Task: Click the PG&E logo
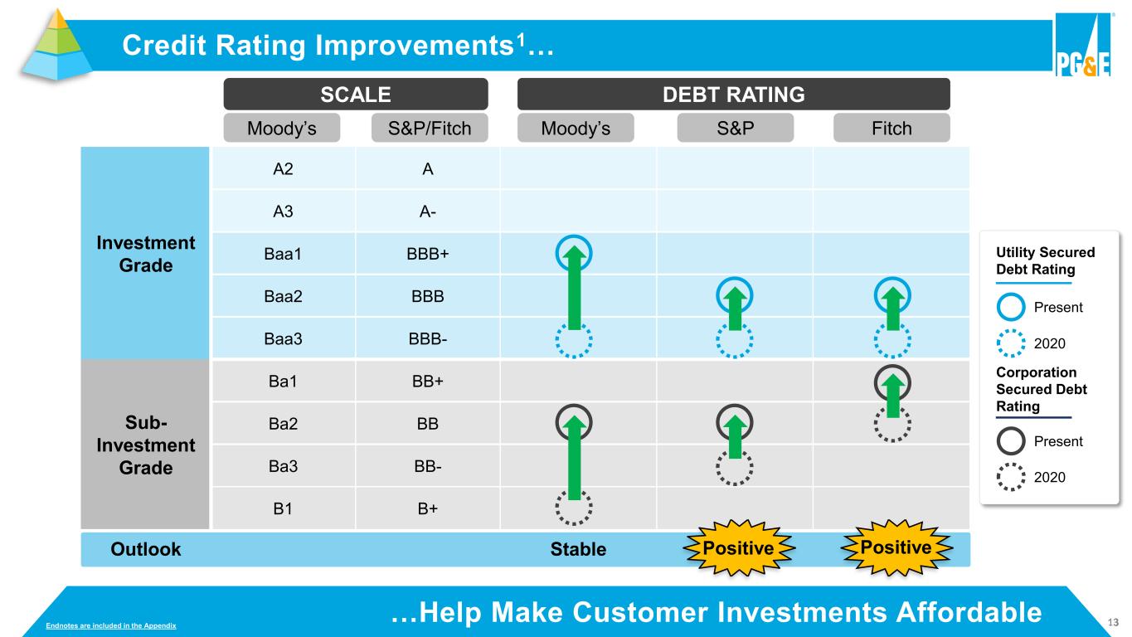click(1083, 45)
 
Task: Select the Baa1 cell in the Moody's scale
click(283, 253)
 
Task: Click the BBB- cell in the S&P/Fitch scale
click(428, 338)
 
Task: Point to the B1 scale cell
click(283, 508)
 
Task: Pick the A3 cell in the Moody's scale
click(283, 211)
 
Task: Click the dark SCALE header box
click(356, 94)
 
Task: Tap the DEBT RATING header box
click(734, 94)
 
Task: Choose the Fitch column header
click(892, 128)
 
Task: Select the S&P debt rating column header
click(736, 128)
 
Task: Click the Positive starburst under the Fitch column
click(896, 547)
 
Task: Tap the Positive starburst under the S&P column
click(738, 548)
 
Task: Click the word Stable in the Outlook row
click(578, 549)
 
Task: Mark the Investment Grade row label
click(146, 254)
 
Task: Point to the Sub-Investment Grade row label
click(146, 445)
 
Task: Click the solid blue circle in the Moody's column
click(557, 253)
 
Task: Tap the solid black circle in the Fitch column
click(876, 382)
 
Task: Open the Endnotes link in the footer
click(110, 625)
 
